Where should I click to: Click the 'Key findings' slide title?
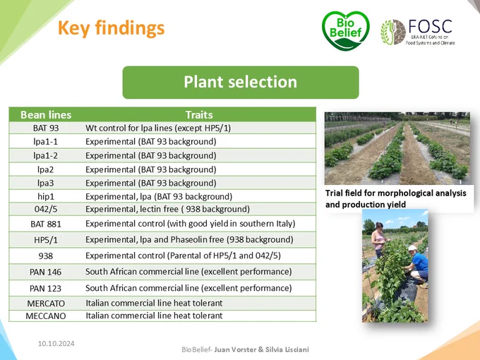point(111,28)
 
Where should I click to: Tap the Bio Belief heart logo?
point(346,30)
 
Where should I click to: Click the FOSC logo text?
point(431,26)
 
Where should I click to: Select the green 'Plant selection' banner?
point(241,83)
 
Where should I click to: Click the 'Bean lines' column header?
point(46,115)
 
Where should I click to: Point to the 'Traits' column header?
point(199,115)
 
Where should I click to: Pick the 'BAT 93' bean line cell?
point(46,128)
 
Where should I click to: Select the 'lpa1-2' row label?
point(46,155)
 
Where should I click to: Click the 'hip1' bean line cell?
point(46,196)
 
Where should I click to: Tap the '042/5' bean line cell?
point(46,209)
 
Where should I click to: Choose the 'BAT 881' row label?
point(46,224)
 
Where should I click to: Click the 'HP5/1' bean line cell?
point(46,240)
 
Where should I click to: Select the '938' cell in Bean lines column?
point(46,256)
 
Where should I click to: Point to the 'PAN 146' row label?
point(46,272)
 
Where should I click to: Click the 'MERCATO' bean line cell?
point(46,304)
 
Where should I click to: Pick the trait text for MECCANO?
point(154,316)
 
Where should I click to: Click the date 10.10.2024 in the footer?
point(56,344)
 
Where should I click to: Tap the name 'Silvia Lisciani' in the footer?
point(287,349)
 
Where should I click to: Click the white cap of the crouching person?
point(412,248)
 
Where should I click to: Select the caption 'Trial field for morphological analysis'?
point(396,193)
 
